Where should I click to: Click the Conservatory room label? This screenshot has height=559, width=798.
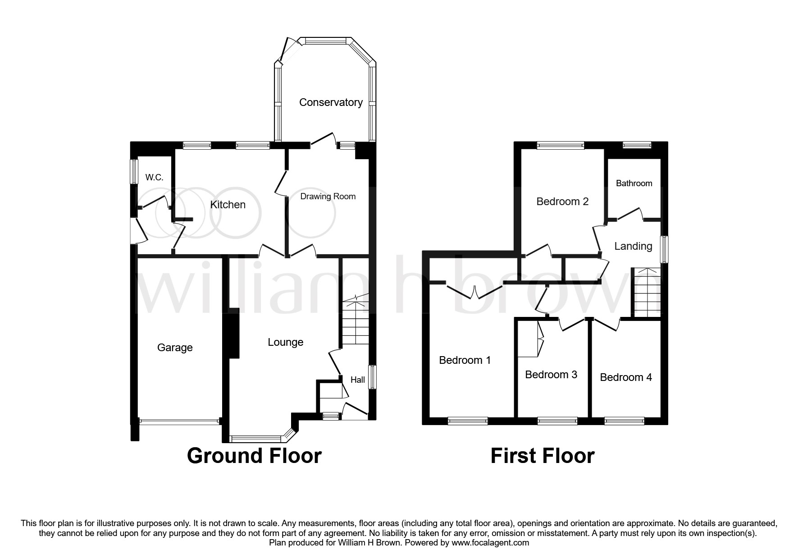point(331,103)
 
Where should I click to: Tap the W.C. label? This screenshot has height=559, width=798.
point(154,178)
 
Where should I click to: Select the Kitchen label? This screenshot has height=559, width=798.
point(228,205)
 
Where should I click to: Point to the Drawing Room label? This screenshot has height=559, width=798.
point(328,197)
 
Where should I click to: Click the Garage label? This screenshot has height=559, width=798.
point(175,348)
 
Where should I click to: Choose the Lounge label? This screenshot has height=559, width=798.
point(286,343)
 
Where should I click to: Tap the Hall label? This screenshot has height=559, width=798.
point(358,380)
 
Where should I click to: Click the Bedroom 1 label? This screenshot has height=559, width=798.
point(465,360)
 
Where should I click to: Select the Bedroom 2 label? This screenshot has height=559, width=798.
point(562,202)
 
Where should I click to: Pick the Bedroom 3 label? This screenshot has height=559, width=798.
point(551,375)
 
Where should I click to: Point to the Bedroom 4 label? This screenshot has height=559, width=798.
point(626,377)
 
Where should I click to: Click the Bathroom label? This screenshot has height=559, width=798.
point(634,183)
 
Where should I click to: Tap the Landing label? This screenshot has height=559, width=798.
point(633,246)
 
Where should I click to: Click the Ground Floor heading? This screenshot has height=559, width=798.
point(254,456)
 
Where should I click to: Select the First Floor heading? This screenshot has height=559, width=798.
point(543,456)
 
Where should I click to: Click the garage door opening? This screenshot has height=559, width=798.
point(179,422)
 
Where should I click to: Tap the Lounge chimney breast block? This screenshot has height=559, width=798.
point(233,333)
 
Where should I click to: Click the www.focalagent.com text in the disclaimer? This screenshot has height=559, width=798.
point(490,543)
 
